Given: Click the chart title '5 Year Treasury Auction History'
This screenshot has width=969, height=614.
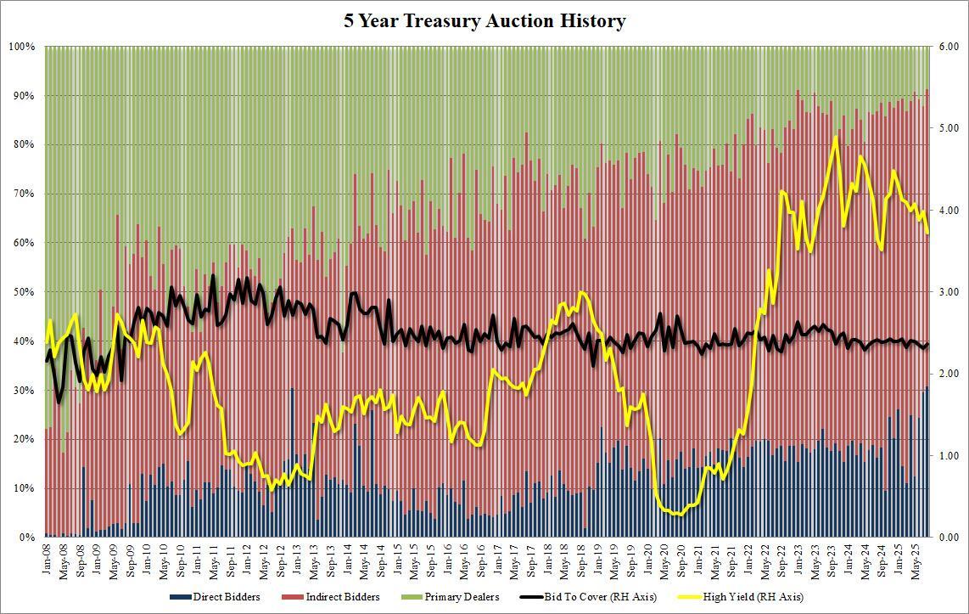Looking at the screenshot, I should [x=484, y=21].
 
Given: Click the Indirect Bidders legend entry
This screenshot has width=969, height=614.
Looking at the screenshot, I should [x=340, y=597].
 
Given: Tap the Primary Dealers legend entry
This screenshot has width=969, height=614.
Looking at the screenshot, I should [x=458, y=597].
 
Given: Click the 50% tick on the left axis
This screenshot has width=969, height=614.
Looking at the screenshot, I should [x=24, y=292].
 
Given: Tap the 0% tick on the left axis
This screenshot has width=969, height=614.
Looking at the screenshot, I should [x=27, y=538].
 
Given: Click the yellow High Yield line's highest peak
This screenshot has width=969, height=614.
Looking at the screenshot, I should [x=836, y=138].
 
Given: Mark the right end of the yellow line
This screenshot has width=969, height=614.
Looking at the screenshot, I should [x=927, y=233].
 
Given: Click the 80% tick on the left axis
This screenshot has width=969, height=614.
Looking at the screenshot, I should [x=24, y=144].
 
